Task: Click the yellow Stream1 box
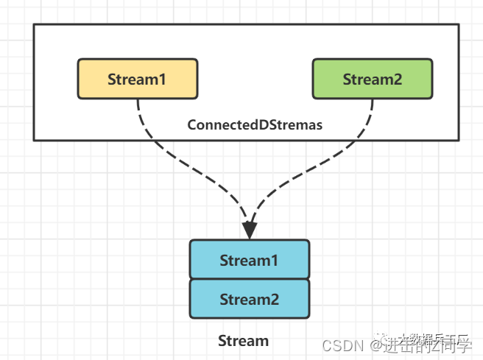(138, 79)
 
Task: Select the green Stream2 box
(373, 79)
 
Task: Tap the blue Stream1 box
(250, 259)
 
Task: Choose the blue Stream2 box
(250, 298)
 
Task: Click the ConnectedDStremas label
(255, 125)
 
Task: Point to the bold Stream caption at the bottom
(243, 341)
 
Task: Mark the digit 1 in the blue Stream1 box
(275, 260)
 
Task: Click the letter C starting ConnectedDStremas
(191, 125)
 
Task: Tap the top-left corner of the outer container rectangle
(34, 24)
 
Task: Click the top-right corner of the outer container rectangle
(459, 24)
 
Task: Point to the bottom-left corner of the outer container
(34, 139)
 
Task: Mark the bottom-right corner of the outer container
(459, 139)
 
